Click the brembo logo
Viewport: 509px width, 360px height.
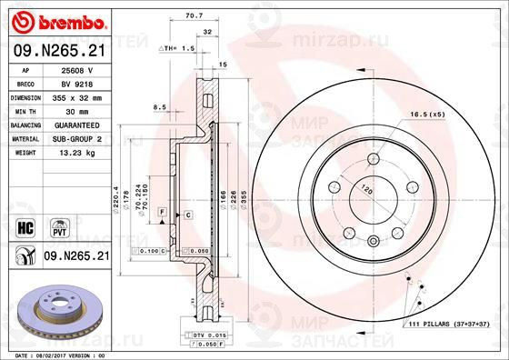(x=58, y=19)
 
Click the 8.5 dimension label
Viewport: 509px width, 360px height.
(x=160, y=107)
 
